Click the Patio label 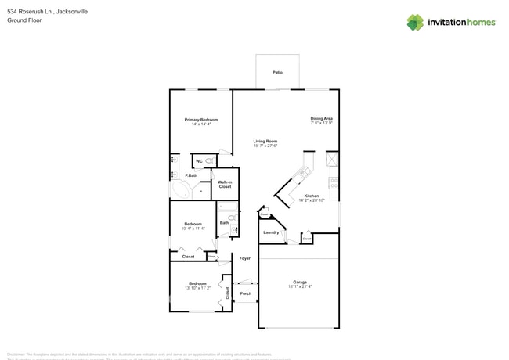click(277, 72)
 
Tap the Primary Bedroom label click(201, 120)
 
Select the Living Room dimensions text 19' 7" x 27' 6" click(265, 146)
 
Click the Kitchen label click(311, 196)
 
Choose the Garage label click(300, 282)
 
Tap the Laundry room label click(271, 232)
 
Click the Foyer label click(245, 257)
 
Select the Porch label click(245, 294)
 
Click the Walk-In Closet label click(225, 185)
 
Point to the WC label click(199, 160)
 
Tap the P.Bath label click(191, 175)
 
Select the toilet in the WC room click(210, 160)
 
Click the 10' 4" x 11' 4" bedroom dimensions click(193, 229)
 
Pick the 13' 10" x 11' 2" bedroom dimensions click(197, 288)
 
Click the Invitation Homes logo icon click(415, 23)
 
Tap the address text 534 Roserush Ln click(28, 12)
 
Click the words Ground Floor click(24, 20)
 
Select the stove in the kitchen click(334, 184)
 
